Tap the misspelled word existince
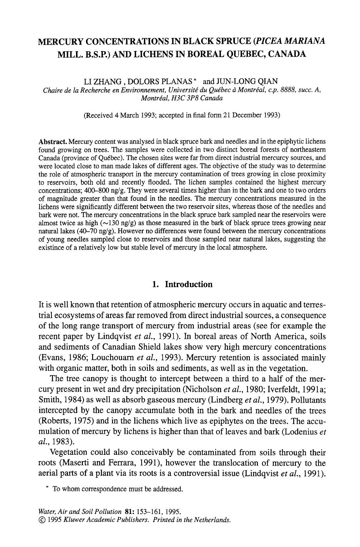tap(51, 248)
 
